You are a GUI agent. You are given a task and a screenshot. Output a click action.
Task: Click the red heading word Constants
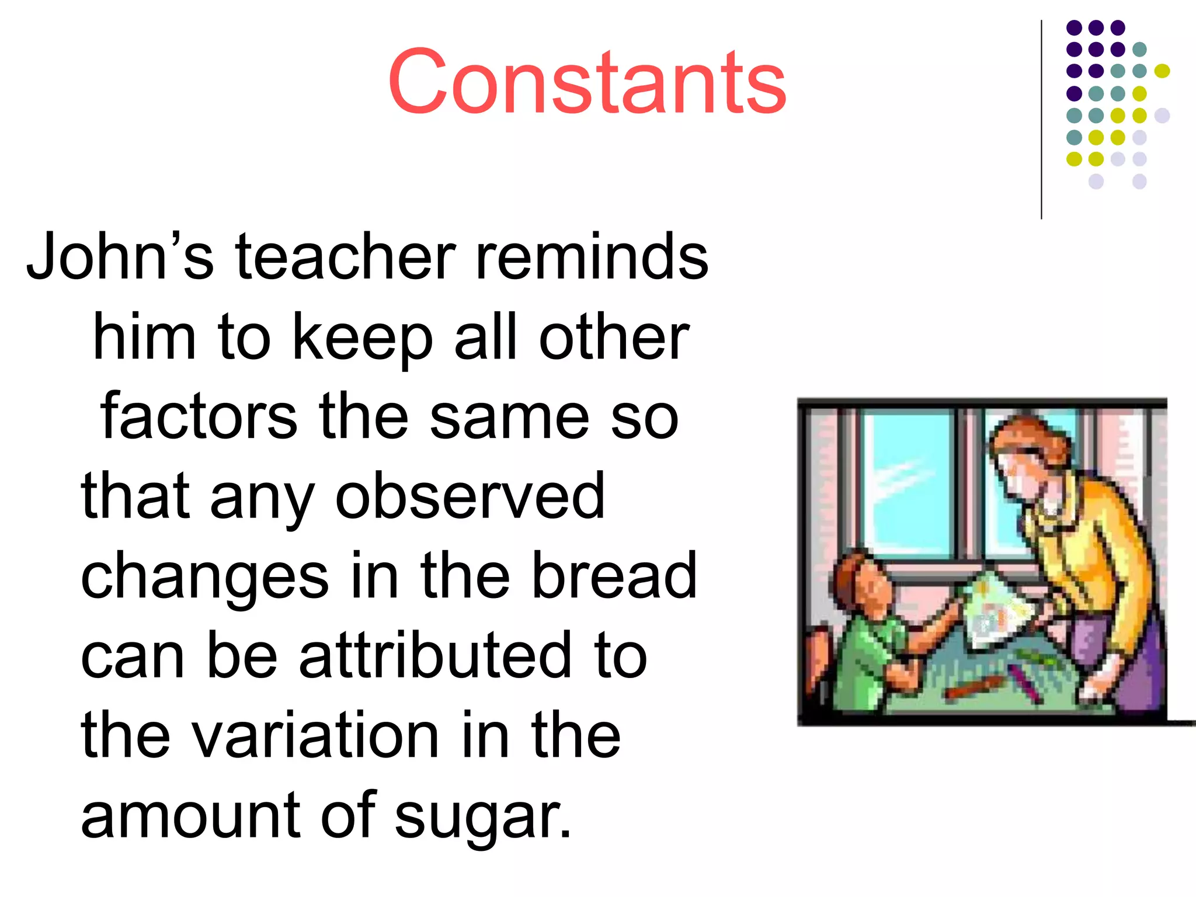pyautogui.click(x=587, y=82)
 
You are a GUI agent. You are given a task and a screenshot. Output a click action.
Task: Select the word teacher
pyautogui.click(x=345, y=257)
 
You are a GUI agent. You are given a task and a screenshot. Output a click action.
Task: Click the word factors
pyautogui.click(x=199, y=418)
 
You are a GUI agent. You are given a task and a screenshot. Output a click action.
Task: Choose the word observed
pyautogui.click(x=470, y=496)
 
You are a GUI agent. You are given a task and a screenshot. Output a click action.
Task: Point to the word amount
pyautogui.click(x=190, y=816)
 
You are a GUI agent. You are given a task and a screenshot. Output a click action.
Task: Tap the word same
pyautogui.click(x=509, y=418)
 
